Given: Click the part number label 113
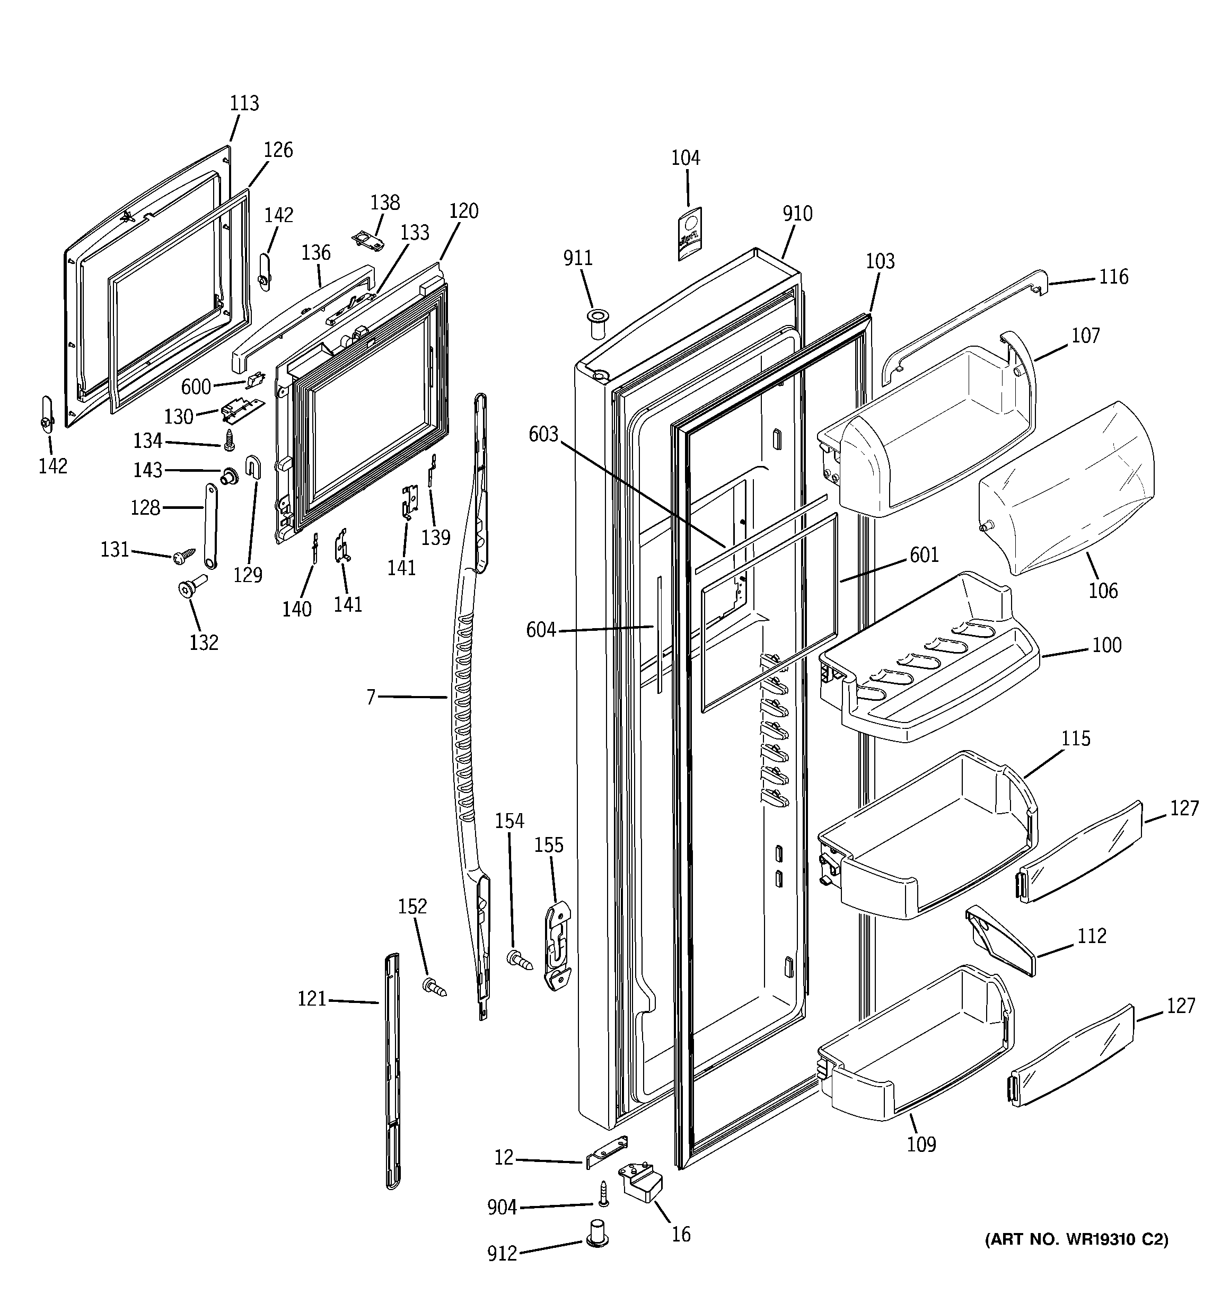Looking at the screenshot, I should [x=244, y=103].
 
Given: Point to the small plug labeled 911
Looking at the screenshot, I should [x=598, y=323].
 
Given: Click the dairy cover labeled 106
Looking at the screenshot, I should [x=1066, y=488].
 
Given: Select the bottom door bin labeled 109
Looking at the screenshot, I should [x=915, y=1050].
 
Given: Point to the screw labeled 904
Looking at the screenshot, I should [x=603, y=1193].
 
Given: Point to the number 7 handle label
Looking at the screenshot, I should [x=371, y=696].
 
